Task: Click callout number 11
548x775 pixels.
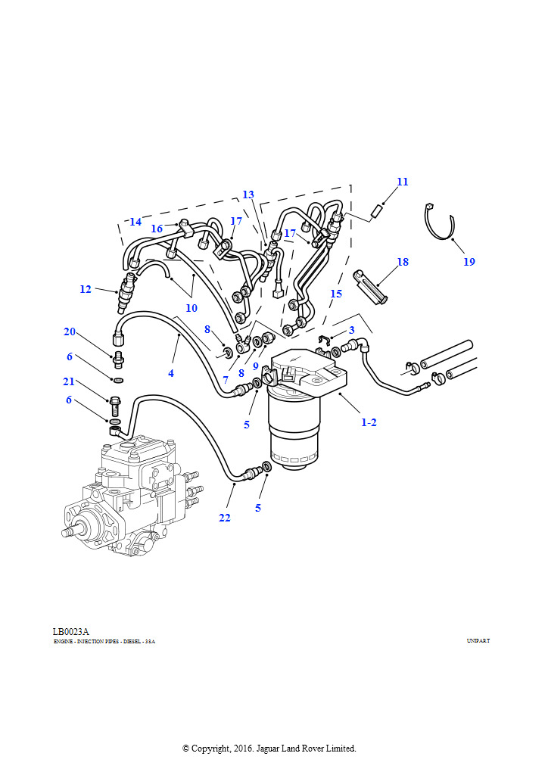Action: coord(403,182)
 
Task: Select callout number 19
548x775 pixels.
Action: coord(469,262)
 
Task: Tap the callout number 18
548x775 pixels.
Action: coord(403,262)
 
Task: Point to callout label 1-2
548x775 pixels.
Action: coord(369,422)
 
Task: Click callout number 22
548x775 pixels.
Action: coord(225,518)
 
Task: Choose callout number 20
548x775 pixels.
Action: coord(70,331)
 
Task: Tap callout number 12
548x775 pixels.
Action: coord(86,289)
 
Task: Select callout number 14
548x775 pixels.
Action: coord(135,222)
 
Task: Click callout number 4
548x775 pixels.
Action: coord(171,373)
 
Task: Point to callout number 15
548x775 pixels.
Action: coord(336,293)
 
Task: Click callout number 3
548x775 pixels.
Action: coord(351,330)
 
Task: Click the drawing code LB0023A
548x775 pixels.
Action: coord(71,632)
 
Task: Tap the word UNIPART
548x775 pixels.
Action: coord(478,641)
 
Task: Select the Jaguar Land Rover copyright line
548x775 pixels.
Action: coord(269,749)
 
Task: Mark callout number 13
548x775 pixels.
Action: coord(248,195)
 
